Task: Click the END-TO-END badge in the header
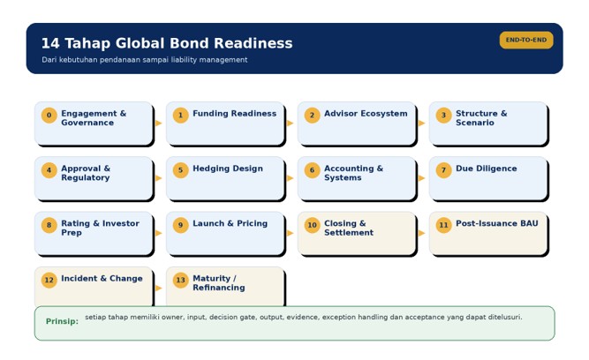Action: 526,41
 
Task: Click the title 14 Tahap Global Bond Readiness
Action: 167,43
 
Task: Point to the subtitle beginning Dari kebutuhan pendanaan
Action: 145,60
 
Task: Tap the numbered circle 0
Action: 49,116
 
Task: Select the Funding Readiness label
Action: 234,113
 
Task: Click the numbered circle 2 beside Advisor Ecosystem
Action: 312,116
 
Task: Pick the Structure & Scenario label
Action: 481,118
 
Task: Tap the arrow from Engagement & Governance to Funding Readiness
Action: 159,124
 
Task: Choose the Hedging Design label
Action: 228,169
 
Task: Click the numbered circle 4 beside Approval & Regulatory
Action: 49,170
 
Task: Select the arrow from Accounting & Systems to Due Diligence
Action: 421,178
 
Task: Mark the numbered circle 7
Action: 443,170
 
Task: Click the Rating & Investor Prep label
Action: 100,228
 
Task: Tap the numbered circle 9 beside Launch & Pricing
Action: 181,225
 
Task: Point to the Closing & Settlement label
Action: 349,228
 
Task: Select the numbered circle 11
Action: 443,225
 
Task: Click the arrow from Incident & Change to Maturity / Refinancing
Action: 159,288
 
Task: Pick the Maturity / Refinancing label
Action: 219,283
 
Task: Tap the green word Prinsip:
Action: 62,321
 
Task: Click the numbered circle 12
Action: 49,280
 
